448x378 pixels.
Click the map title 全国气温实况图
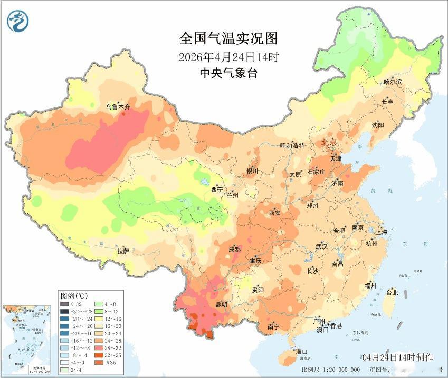point(228,39)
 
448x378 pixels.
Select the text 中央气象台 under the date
point(228,73)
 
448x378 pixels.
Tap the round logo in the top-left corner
point(18,21)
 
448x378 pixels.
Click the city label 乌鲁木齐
point(118,107)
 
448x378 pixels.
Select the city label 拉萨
point(123,251)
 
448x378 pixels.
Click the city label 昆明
point(221,304)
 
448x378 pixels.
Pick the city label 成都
point(235,249)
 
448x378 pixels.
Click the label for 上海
point(381,232)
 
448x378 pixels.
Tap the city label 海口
point(301,351)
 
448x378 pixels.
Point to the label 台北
point(392,293)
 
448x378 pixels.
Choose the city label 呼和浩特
point(292,146)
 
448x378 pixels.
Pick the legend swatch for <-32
point(64,304)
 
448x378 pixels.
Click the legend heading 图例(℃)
point(74,295)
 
